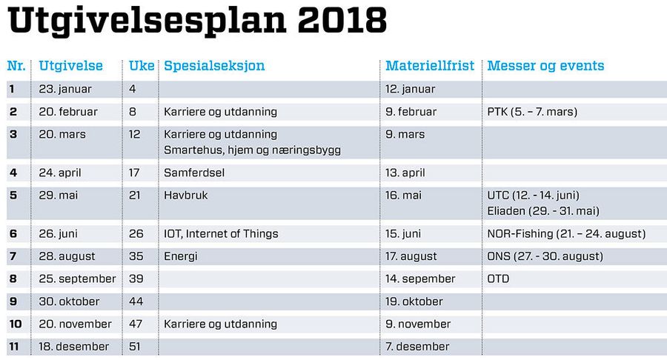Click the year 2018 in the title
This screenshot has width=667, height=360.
[x=342, y=20]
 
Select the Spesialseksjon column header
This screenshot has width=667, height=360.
[x=214, y=66]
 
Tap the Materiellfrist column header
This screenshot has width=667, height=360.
[x=430, y=65]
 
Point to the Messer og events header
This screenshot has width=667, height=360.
[x=545, y=66]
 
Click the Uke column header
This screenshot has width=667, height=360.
[x=142, y=65]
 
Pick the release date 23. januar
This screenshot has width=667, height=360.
[x=65, y=89]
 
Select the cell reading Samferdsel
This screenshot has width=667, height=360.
[x=194, y=173]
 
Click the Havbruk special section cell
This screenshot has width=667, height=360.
[x=186, y=195]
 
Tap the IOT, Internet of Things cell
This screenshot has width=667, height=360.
[x=221, y=234]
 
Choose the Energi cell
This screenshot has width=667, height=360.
[x=181, y=257]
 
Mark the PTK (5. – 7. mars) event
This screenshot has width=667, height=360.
[x=532, y=112]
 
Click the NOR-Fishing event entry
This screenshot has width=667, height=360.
[x=566, y=234]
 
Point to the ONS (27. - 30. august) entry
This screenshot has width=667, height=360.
[x=545, y=256]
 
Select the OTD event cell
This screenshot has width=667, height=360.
[x=498, y=279]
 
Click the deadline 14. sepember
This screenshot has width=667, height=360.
[x=420, y=279]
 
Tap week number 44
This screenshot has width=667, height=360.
[x=136, y=301]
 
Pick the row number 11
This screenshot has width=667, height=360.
[x=14, y=347]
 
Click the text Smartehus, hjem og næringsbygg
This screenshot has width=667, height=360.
[x=252, y=150]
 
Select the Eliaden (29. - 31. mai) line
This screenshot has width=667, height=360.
[x=543, y=211]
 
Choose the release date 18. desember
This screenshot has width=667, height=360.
[x=73, y=347]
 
